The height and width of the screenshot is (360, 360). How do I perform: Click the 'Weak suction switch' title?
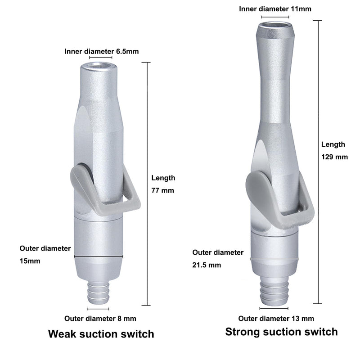101,334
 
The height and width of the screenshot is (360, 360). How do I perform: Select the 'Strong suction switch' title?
282,332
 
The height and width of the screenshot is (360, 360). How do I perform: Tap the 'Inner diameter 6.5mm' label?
102,51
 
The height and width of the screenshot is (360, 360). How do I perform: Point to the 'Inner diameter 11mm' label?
275,9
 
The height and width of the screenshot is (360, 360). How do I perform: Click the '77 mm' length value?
162,190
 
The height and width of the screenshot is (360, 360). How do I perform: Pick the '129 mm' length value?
334,157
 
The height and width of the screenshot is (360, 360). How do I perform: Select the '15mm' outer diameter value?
30,261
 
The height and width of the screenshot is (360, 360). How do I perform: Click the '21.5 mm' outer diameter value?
207,265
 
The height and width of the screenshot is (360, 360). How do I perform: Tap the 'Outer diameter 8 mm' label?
100,319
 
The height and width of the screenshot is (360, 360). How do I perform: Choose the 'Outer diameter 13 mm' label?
276,319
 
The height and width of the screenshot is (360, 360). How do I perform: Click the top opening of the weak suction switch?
99,66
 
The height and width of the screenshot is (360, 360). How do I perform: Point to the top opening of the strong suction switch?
275,26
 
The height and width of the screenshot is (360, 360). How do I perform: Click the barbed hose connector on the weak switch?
98,293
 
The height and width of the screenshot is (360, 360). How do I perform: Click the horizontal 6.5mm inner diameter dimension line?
100,58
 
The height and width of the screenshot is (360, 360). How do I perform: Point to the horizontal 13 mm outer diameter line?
274,308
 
